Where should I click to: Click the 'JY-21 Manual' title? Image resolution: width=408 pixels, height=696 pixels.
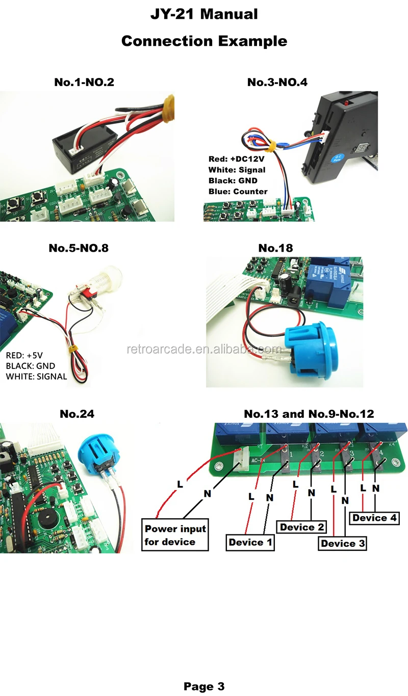(x=204, y=14)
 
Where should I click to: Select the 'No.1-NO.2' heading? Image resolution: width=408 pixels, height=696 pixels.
(x=84, y=82)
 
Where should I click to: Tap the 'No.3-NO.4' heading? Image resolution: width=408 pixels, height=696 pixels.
(x=277, y=82)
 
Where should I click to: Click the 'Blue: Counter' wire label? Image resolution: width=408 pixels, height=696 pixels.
(x=238, y=192)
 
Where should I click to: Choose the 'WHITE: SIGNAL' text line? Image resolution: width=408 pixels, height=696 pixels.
(x=36, y=377)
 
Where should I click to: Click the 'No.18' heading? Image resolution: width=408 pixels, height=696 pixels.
(x=276, y=248)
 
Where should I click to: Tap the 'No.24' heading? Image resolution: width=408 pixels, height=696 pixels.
(x=77, y=414)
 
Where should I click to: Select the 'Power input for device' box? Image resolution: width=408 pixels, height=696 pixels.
(x=175, y=535)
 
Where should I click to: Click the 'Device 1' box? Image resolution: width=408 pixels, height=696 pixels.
(x=250, y=542)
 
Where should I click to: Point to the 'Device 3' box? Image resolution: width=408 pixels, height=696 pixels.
(x=343, y=544)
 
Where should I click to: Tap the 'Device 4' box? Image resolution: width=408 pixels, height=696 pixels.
(x=374, y=518)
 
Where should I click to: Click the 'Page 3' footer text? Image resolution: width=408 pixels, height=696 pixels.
(x=204, y=686)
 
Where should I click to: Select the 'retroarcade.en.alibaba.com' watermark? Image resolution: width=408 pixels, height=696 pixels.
(x=204, y=350)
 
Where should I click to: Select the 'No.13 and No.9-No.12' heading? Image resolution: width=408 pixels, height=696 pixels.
(x=309, y=414)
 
